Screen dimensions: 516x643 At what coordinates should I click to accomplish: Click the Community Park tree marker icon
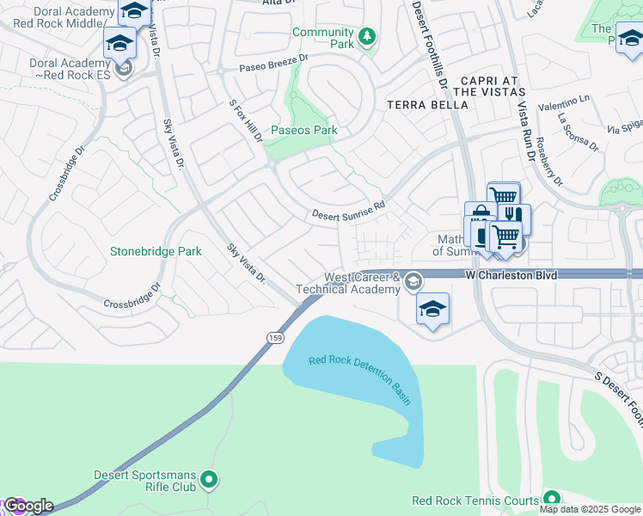coord(367,36)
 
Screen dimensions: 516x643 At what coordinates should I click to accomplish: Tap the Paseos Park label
coord(304,131)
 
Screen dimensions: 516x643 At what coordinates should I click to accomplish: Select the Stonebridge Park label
coord(156,251)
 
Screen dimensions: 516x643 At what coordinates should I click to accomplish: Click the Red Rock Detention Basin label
coord(360,376)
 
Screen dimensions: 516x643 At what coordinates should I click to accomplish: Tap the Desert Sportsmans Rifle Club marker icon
coord(209,480)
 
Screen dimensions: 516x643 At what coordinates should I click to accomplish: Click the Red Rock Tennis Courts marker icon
coord(551,499)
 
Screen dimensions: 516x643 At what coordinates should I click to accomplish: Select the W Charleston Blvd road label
coord(511,274)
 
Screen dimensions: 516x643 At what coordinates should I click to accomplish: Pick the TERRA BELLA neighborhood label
coord(427,105)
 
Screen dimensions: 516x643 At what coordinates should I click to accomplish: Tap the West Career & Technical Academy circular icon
coord(413,281)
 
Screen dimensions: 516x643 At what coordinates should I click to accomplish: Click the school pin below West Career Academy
coord(432,309)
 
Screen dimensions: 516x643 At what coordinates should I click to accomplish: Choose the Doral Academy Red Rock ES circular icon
coord(125,68)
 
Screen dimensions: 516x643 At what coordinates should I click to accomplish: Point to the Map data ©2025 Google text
coord(590,509)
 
